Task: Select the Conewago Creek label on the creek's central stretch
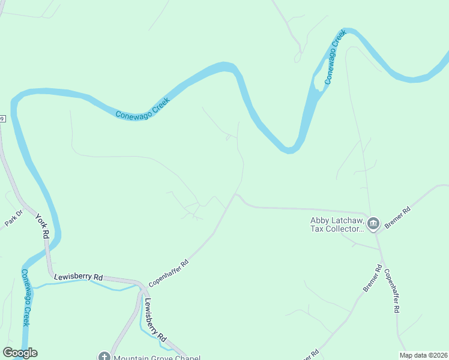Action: (x=143, y=107)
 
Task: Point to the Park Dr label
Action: (x=13, y=218)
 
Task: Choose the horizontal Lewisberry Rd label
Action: (x=79, y=277)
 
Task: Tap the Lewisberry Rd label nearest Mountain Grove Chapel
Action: (x=155, y=320)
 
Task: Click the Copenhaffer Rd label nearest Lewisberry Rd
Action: (x=169, y=271)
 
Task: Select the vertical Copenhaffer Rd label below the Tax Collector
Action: (x=391, y=290)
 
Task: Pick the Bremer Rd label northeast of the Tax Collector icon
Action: (x=397, y=217)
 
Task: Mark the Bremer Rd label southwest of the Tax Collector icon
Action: (x=372, y=279)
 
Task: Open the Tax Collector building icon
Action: (x=373, y=224)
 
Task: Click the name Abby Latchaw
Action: (x=337, y=220)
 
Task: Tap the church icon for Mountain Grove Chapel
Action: (x=104, y=356)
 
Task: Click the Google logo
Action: (x=20, y=353)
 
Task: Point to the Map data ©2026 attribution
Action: (x=423, y=355)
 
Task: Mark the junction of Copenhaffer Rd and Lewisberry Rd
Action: (x=142, y=284)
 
